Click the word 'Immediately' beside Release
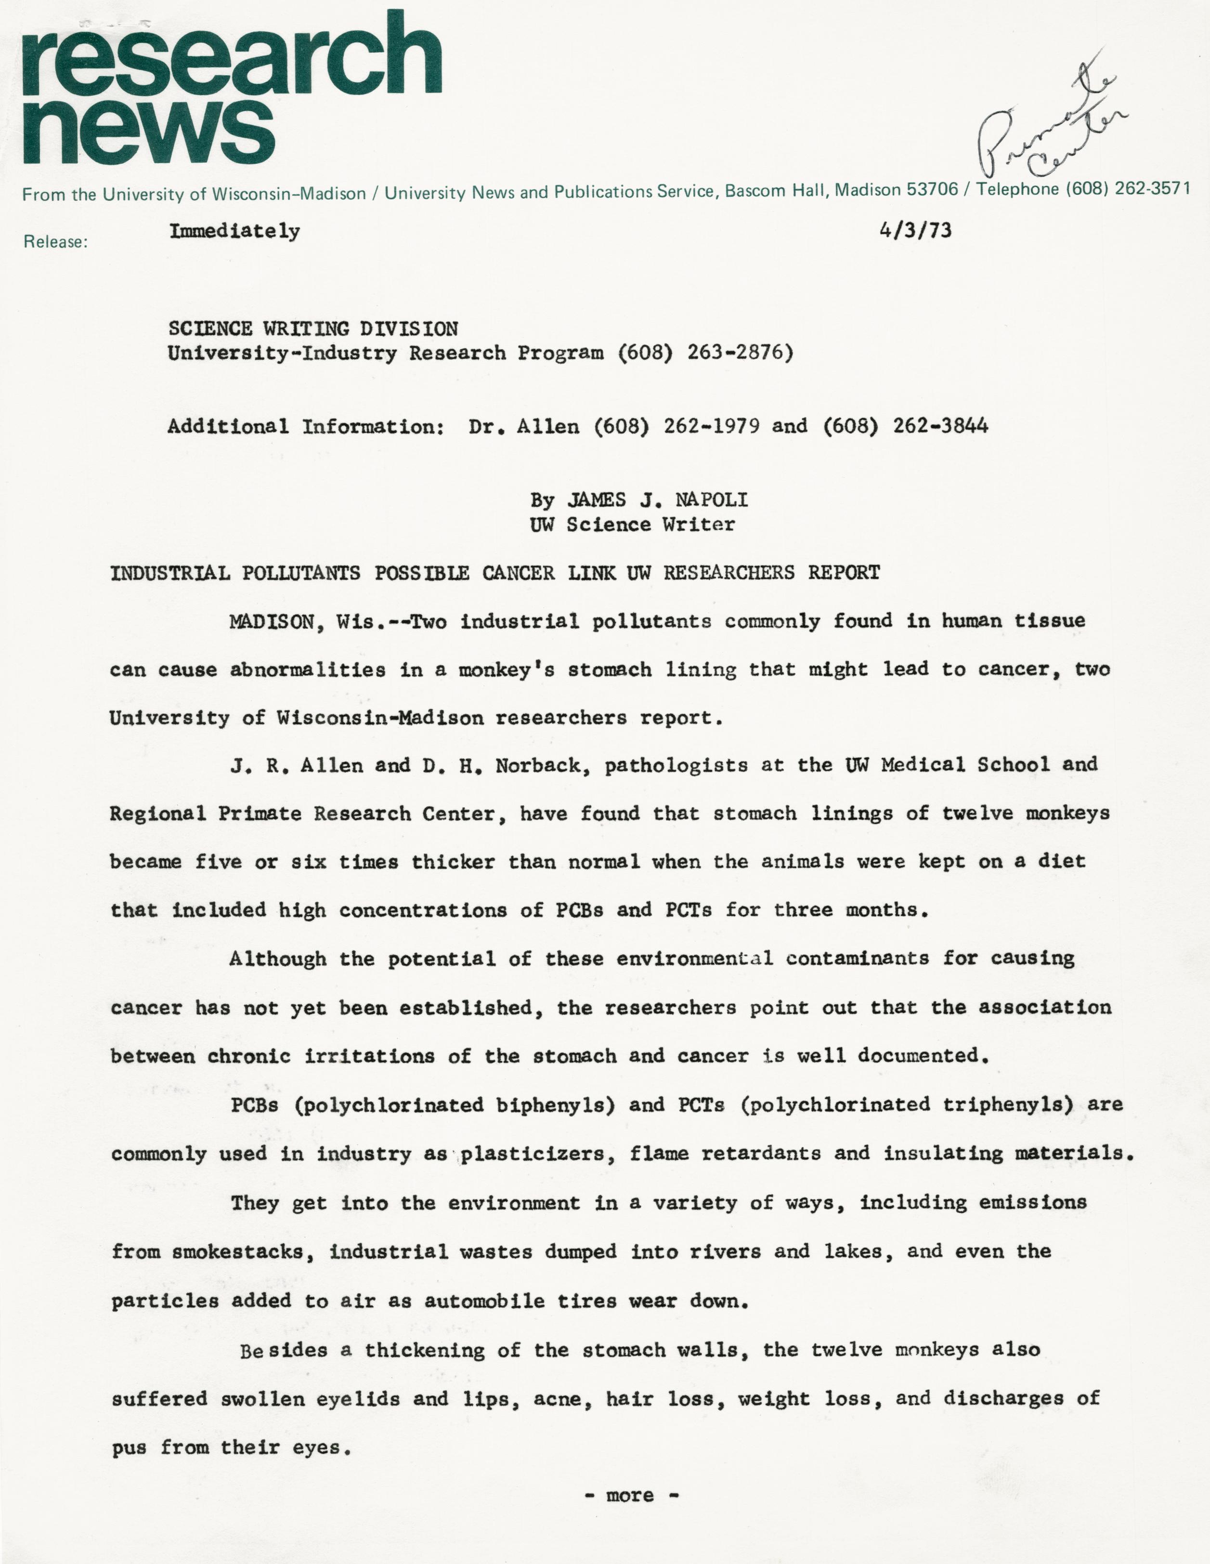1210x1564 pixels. click(234, 231)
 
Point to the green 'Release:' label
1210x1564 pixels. click(55, 242)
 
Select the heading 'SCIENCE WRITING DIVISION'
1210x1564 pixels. click(313, 329)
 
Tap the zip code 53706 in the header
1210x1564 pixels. click(932, 190)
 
